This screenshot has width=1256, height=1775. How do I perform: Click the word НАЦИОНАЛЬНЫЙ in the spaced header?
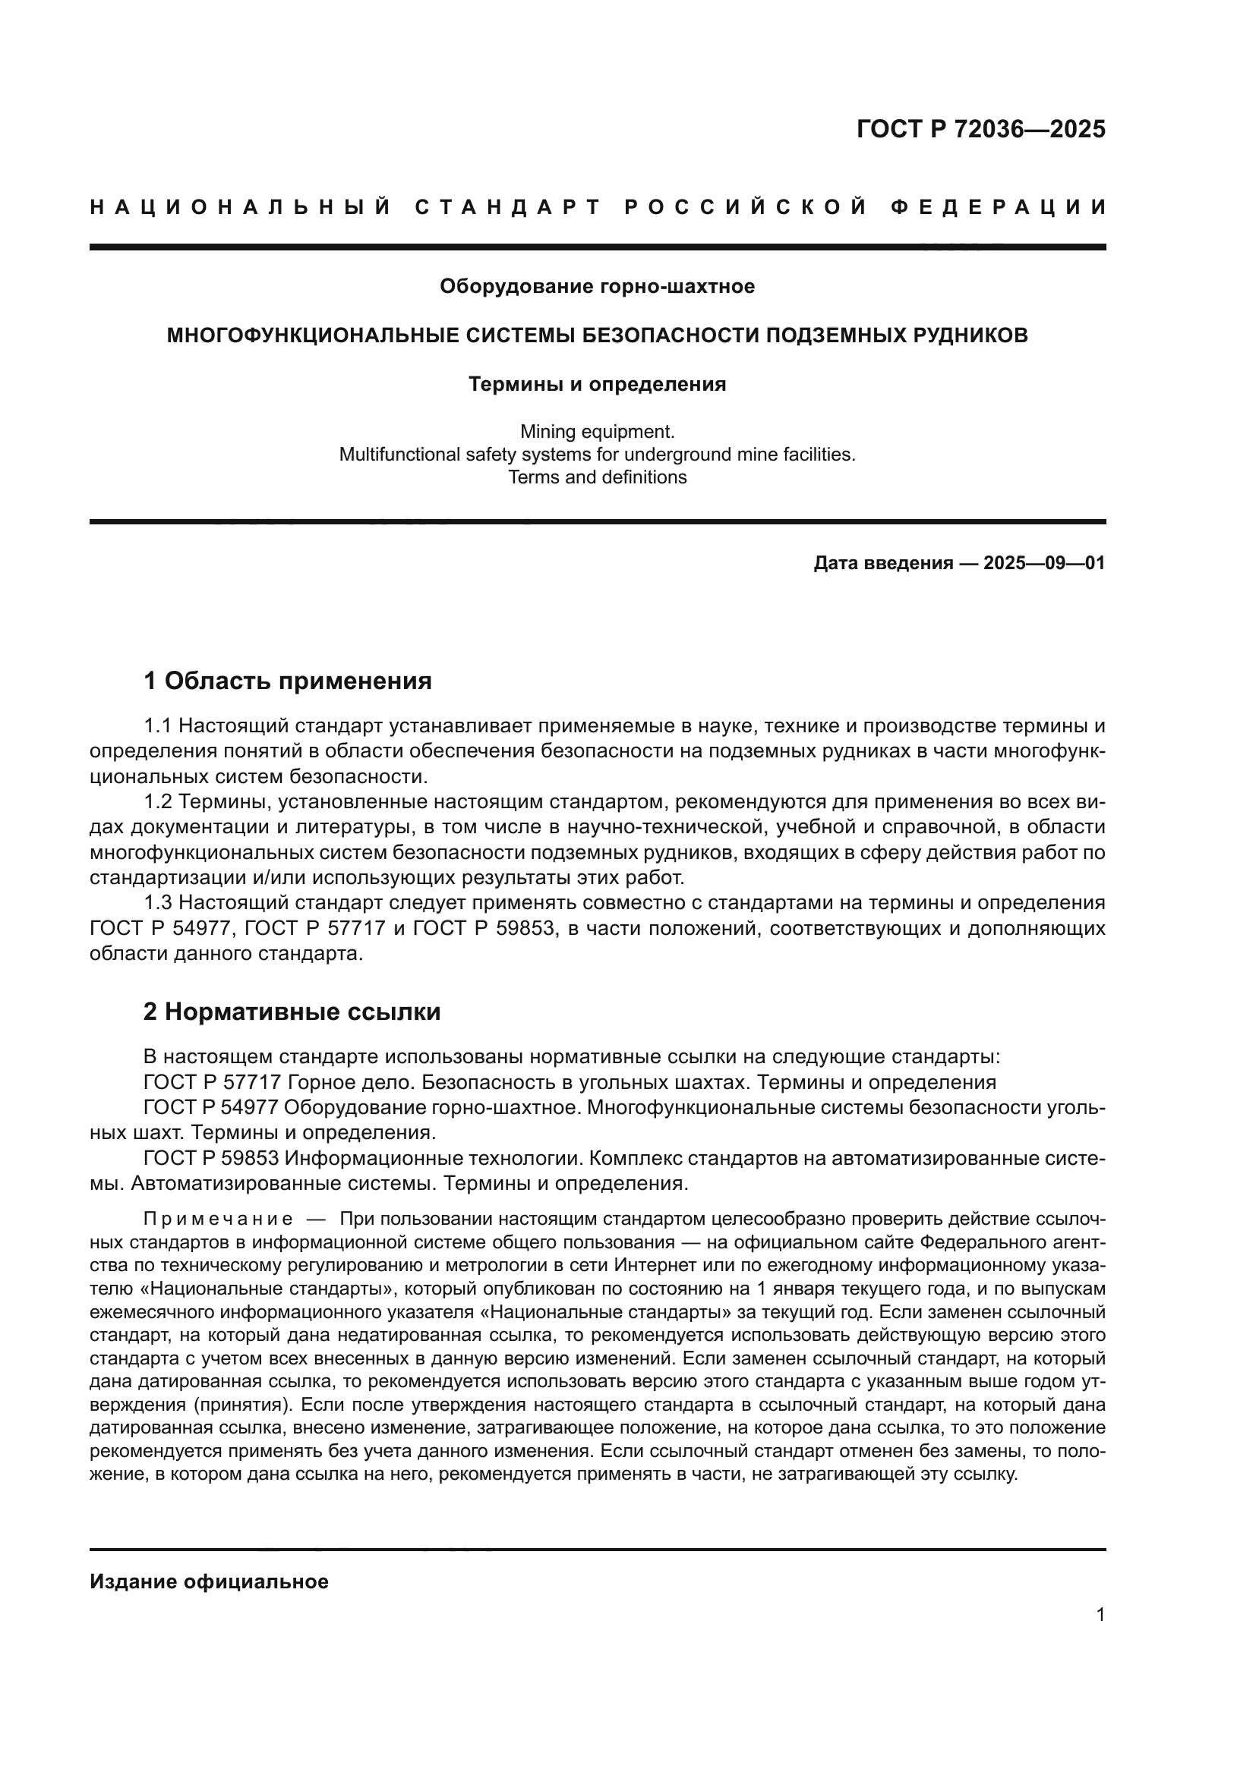click(241, 207)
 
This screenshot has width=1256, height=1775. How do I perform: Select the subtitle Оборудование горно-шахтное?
click(597, 287)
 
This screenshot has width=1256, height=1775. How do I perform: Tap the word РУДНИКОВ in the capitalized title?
click(964, 335)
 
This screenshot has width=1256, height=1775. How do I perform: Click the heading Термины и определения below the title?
click(597, 384)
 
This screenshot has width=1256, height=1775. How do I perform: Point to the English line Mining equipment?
click(597, 431)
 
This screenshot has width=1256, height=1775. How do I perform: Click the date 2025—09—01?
click(1044, 564)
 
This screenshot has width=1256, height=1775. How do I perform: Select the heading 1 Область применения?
click(288, 681)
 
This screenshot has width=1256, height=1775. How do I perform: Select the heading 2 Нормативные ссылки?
click(292, 1012)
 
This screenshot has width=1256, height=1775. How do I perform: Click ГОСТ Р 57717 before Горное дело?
click(210, 1081)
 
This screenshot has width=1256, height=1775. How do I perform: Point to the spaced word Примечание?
click(217, 1220)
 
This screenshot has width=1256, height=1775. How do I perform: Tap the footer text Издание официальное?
click(209, 1581)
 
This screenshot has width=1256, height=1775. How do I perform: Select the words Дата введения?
click(882, 564)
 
